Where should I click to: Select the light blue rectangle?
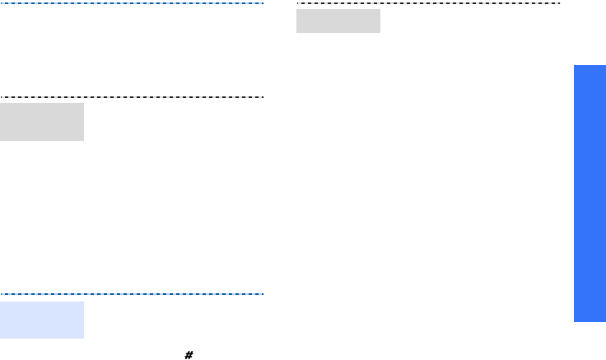(42, 320)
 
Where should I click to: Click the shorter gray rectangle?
(338, 21)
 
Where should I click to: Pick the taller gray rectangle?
(42, 122)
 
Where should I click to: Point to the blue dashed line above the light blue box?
(132, 293)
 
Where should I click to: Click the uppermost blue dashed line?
(132, 3)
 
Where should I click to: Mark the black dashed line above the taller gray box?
(132, 97)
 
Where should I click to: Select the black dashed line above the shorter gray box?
(428, 4)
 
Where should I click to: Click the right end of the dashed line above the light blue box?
(263, 293)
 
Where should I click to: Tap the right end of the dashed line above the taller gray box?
(263, 97)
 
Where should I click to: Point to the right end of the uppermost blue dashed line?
(263, 3)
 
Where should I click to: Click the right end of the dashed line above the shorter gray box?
(559, 4)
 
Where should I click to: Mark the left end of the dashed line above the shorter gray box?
(297, 4)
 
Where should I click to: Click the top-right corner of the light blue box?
(84, 302)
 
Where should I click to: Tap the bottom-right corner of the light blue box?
(84, 338)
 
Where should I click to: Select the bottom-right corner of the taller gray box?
(84, 141)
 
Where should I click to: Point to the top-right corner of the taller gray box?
(84, 103)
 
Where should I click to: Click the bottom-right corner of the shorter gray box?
(380, 33)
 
